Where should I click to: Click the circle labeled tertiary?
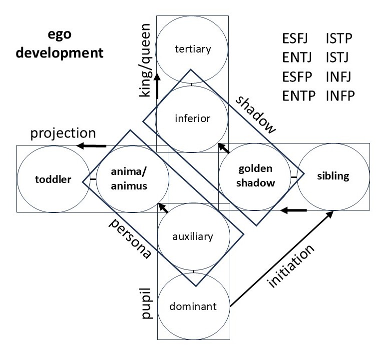(x=193, y=49)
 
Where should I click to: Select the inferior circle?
(x=193, y=118)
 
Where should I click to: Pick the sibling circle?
(x=333, y=176)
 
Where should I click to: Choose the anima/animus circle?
(x=129, y=177)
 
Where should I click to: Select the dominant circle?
(x=193, y=306)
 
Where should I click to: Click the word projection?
(x=63, y=133)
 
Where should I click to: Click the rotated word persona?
(x=130, y=238)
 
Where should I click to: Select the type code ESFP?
(x=298, y=78)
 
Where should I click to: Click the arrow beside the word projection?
(x=92, y=145)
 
